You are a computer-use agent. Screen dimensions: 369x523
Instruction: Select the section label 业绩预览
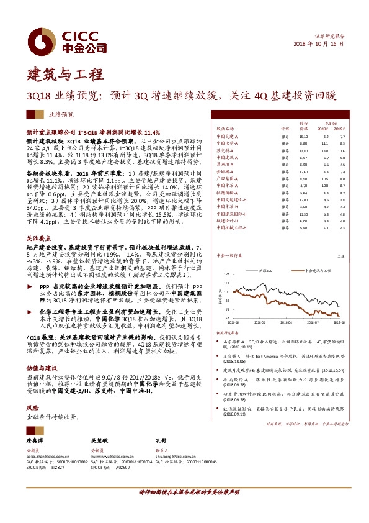(61, 115)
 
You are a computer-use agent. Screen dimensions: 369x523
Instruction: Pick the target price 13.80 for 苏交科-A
(303, 150)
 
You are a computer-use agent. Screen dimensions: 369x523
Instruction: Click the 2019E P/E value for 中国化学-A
(342, 143)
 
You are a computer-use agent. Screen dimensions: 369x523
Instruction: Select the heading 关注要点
(38, 237)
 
